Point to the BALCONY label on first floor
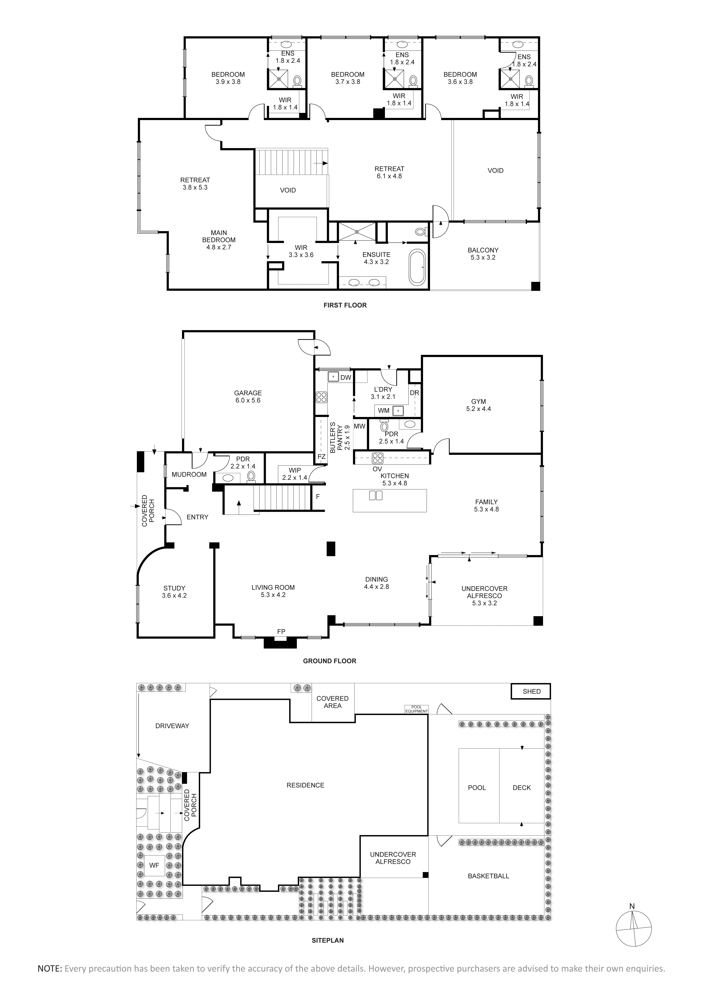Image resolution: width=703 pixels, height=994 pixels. tap(483, 254)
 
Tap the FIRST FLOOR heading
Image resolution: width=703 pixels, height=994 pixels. tap(345, 305)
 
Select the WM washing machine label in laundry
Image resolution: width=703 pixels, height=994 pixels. tap(384, 410)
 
